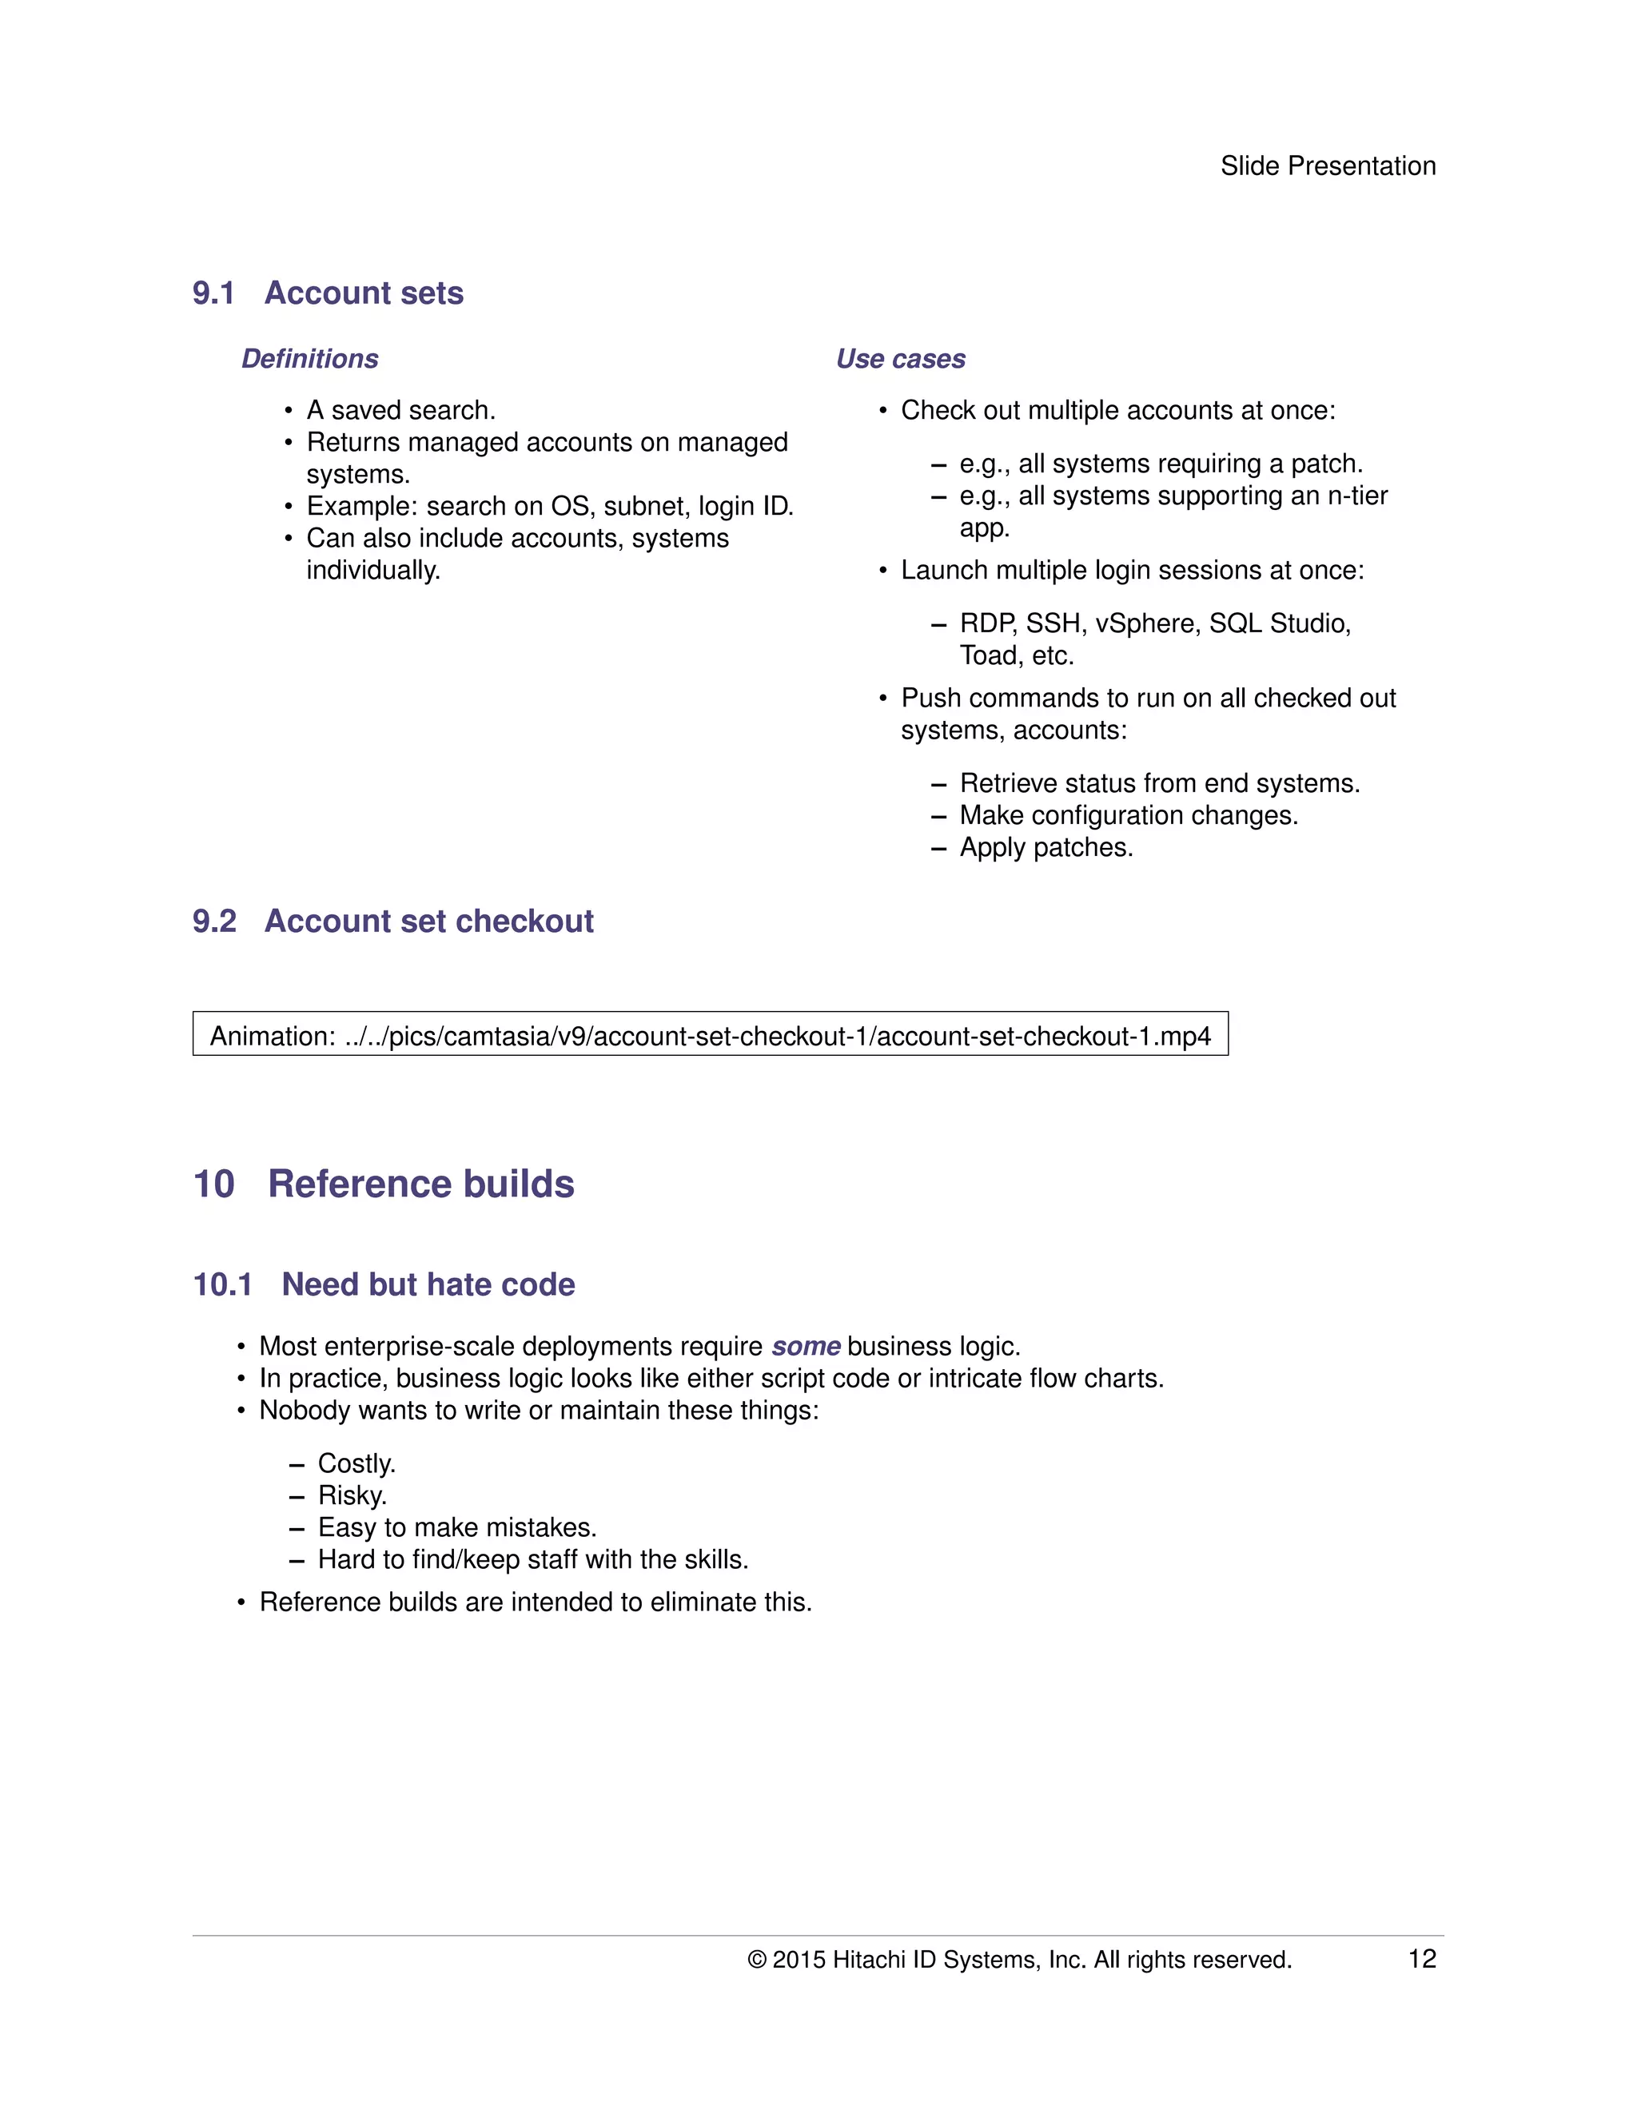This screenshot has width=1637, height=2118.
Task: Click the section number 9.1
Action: pos(213,293)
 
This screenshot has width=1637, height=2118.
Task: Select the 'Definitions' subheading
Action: pos(309,359)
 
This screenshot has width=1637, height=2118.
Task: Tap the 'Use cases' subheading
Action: pos(900,359)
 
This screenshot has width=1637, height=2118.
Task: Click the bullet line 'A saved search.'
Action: pos(400,410)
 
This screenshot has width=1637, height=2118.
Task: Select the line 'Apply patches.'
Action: pos(1046,847)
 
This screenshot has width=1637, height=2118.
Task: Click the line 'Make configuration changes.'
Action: pos(1128,815)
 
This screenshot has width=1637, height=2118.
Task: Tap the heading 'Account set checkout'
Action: pos(428,922)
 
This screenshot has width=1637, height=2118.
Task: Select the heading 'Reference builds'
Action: pos(421,1184)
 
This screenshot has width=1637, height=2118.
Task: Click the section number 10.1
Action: pos(222,1285)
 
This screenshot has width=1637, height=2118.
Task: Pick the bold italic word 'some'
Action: pos(805,1347)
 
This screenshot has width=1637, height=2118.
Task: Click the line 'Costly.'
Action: pos(356,1463)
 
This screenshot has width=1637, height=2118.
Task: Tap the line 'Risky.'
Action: pos(352,1495)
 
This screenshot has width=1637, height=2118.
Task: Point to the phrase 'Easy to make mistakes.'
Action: pos(456,1527)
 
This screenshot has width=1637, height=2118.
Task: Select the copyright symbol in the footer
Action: pos(756,1960)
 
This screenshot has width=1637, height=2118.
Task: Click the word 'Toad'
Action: pos(988,656)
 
